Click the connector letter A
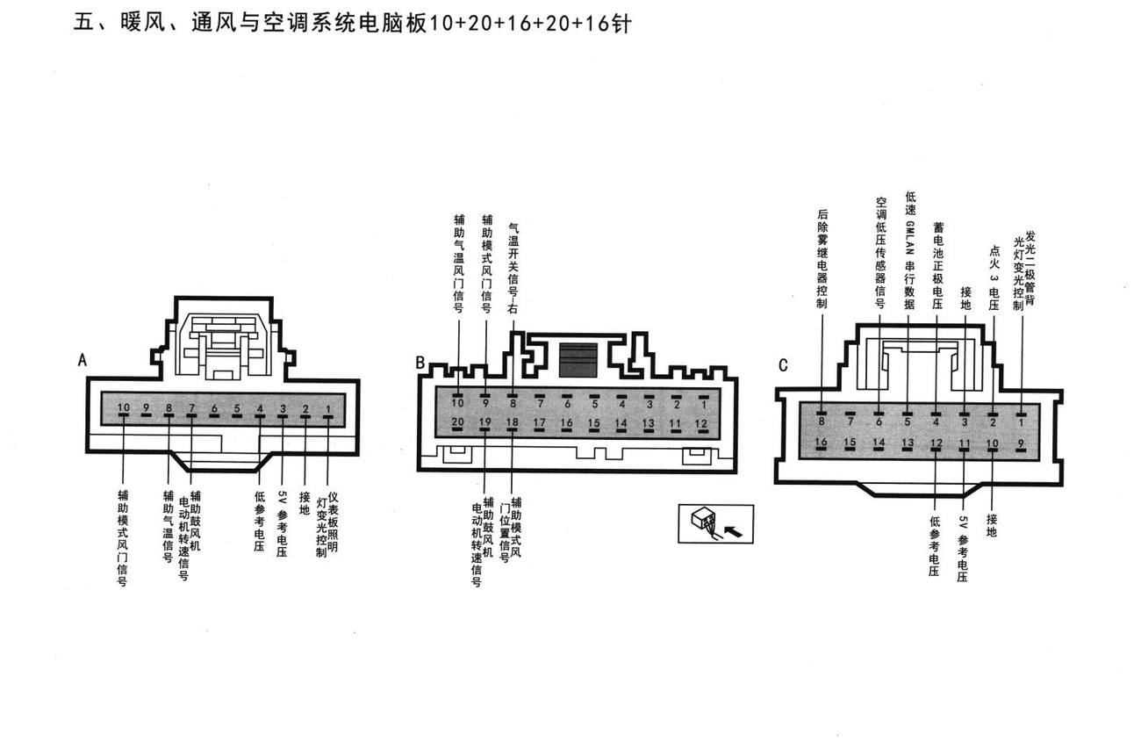pyautogui.click(x=82, y=360)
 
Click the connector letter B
pyautogui.click(x=420, y=363)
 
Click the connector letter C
pyautogui.click(x=783, y=365)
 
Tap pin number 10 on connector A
pyautogui.click(x=124, y=407)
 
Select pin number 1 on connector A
pyautogui.click(x=328, y=408)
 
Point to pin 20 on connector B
pyautogui.click(x=457, y=421)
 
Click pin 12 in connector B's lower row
pyautogui.click(x=701, y=423)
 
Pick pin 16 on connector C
pyautogui.click(x=822, y=442)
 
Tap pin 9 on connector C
pyautogui.click(x=1021, y=443)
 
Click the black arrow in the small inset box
pyautogui.click(x=733, y=532)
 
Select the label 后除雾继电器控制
pyautogui.click(x=822, y=259)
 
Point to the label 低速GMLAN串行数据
pyautogui.click(x=910, y=250)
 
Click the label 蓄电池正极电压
pyautogui.click(x=937, y=265)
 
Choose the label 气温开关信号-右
pyautogui.click(x=513, y=269)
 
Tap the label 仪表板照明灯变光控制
pyautogui.click(x=327, y=524)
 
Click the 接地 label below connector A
pyautogui.click(x=305, y=503)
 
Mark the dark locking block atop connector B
pyautogui.click(x=578, y=360)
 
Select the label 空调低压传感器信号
pyautogui.click(x=880, y=253)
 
